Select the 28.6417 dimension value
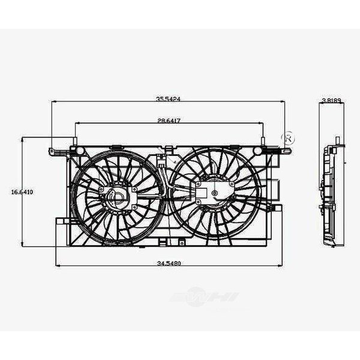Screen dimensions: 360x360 [169, 121]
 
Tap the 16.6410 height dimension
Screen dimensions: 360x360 [22, 192]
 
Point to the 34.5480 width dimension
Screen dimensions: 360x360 [169, 262]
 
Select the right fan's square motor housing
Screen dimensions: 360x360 [212, 193]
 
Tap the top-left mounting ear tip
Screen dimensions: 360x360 [52, 149]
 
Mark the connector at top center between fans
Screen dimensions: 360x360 [162, 161]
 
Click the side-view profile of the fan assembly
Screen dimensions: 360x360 [331, 195]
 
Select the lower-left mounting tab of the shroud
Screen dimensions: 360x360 [61, 221]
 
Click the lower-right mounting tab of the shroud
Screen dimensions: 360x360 [277, 208]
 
